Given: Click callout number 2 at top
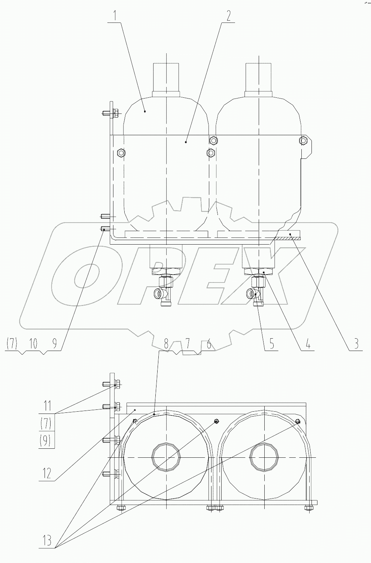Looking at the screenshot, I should tap(228, 16).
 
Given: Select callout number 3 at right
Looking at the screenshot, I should tap(356, 343).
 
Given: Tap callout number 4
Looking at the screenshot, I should tap(308, 343).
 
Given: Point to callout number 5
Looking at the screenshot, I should tap(271, 343).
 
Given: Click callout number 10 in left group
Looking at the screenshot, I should tap(33, 343).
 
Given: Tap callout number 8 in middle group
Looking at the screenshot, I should tap(166, 343).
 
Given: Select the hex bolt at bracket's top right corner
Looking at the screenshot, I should tap(302, 140).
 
